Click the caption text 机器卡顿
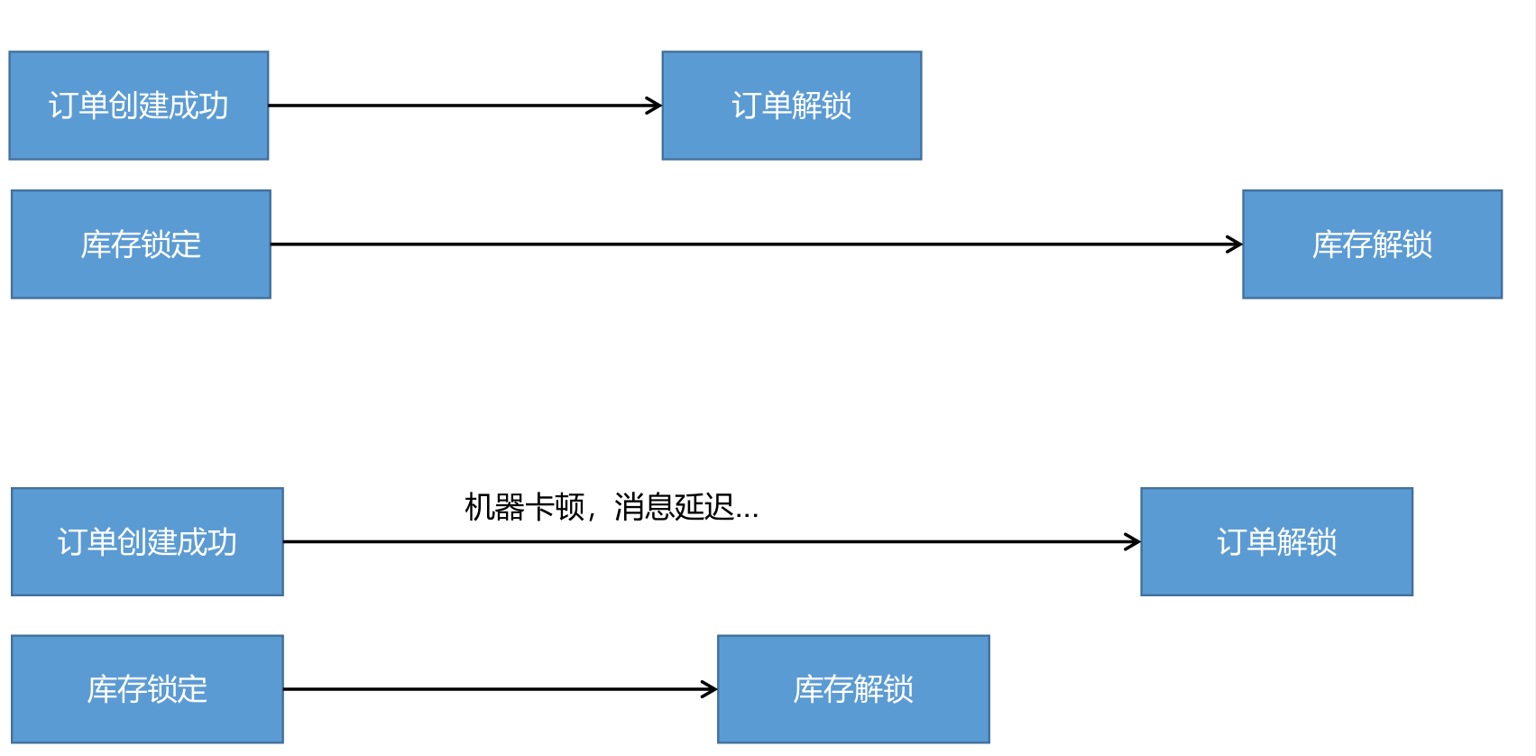pyautogui.click(x=524, y=507)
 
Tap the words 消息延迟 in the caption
pyautogui.click(x=673, y=507)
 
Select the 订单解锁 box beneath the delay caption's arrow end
pyautogui.click(x=1276, y=542)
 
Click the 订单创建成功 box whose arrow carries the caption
pyautogui.click(x=147, y=542)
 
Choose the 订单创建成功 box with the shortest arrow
pyautogui.click(x=138, y=106)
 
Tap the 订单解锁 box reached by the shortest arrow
pyautogui.click(x=791, y=106)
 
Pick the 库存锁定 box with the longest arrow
pyautogui.click(x=141, y=244)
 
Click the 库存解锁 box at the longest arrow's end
pyautogui.click(x=1372, y=244)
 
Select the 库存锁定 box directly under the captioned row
pyautogui.click(x=147, y=689)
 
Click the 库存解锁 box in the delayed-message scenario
pyautogui.click(x=853, y=689)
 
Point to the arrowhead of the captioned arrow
pyautogui.click(x=1134, y=541)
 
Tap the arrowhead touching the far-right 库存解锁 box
pyautogui.click(x=1236, y=244)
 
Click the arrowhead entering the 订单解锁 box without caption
pyautogui.click(x=655, y=106)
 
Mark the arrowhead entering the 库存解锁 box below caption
pyautogui.click(x=711, y=689)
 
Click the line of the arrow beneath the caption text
pyautogui.click(x=631, y=541)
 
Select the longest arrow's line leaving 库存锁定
pyautogui.click(x=722, y=244)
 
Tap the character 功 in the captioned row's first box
pyautogui.click(x=222, y=542)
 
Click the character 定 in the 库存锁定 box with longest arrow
pyautogui.click(x=186, y=244)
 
